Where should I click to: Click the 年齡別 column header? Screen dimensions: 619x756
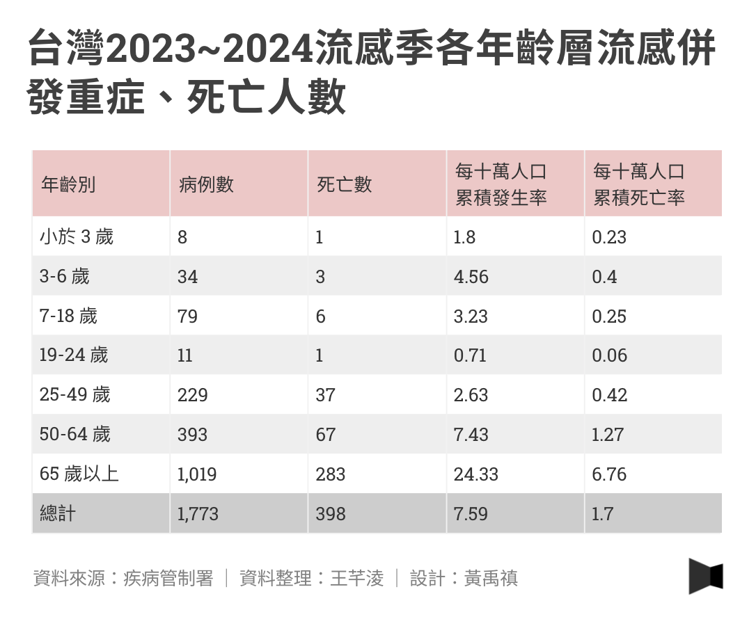click(x=68, y=185)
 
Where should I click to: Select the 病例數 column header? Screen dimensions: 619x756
click(x=206, y=185)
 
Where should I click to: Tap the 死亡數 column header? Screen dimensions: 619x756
click(x=344, y=185)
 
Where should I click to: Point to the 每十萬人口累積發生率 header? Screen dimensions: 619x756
click(x=501, y=185)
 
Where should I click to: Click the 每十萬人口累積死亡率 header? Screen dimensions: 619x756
click(x=638, y=185)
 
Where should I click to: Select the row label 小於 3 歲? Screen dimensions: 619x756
click(x=76, y=237)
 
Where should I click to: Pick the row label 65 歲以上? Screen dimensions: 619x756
click(x=79, y=474)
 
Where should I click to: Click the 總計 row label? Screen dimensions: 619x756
click(x=58, y=514)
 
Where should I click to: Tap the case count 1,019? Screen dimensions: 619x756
click(x=197, y=474)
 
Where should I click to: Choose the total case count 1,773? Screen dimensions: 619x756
click(x=198, y=514)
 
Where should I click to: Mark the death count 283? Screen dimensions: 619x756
click(x=330, y=474)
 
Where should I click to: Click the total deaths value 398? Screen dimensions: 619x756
click(x=330, y=514)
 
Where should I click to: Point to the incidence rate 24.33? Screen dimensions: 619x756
click(x=475, y=474)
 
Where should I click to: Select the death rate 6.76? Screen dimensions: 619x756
click(x=609, y=474)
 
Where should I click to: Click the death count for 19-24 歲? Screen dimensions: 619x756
click(x=320, y=356)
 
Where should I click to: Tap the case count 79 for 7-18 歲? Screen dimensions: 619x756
click(x=187, y=316)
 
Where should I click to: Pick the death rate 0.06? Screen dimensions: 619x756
click(x=609, y=356)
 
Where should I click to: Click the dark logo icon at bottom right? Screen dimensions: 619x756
click(x=706, y=577)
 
